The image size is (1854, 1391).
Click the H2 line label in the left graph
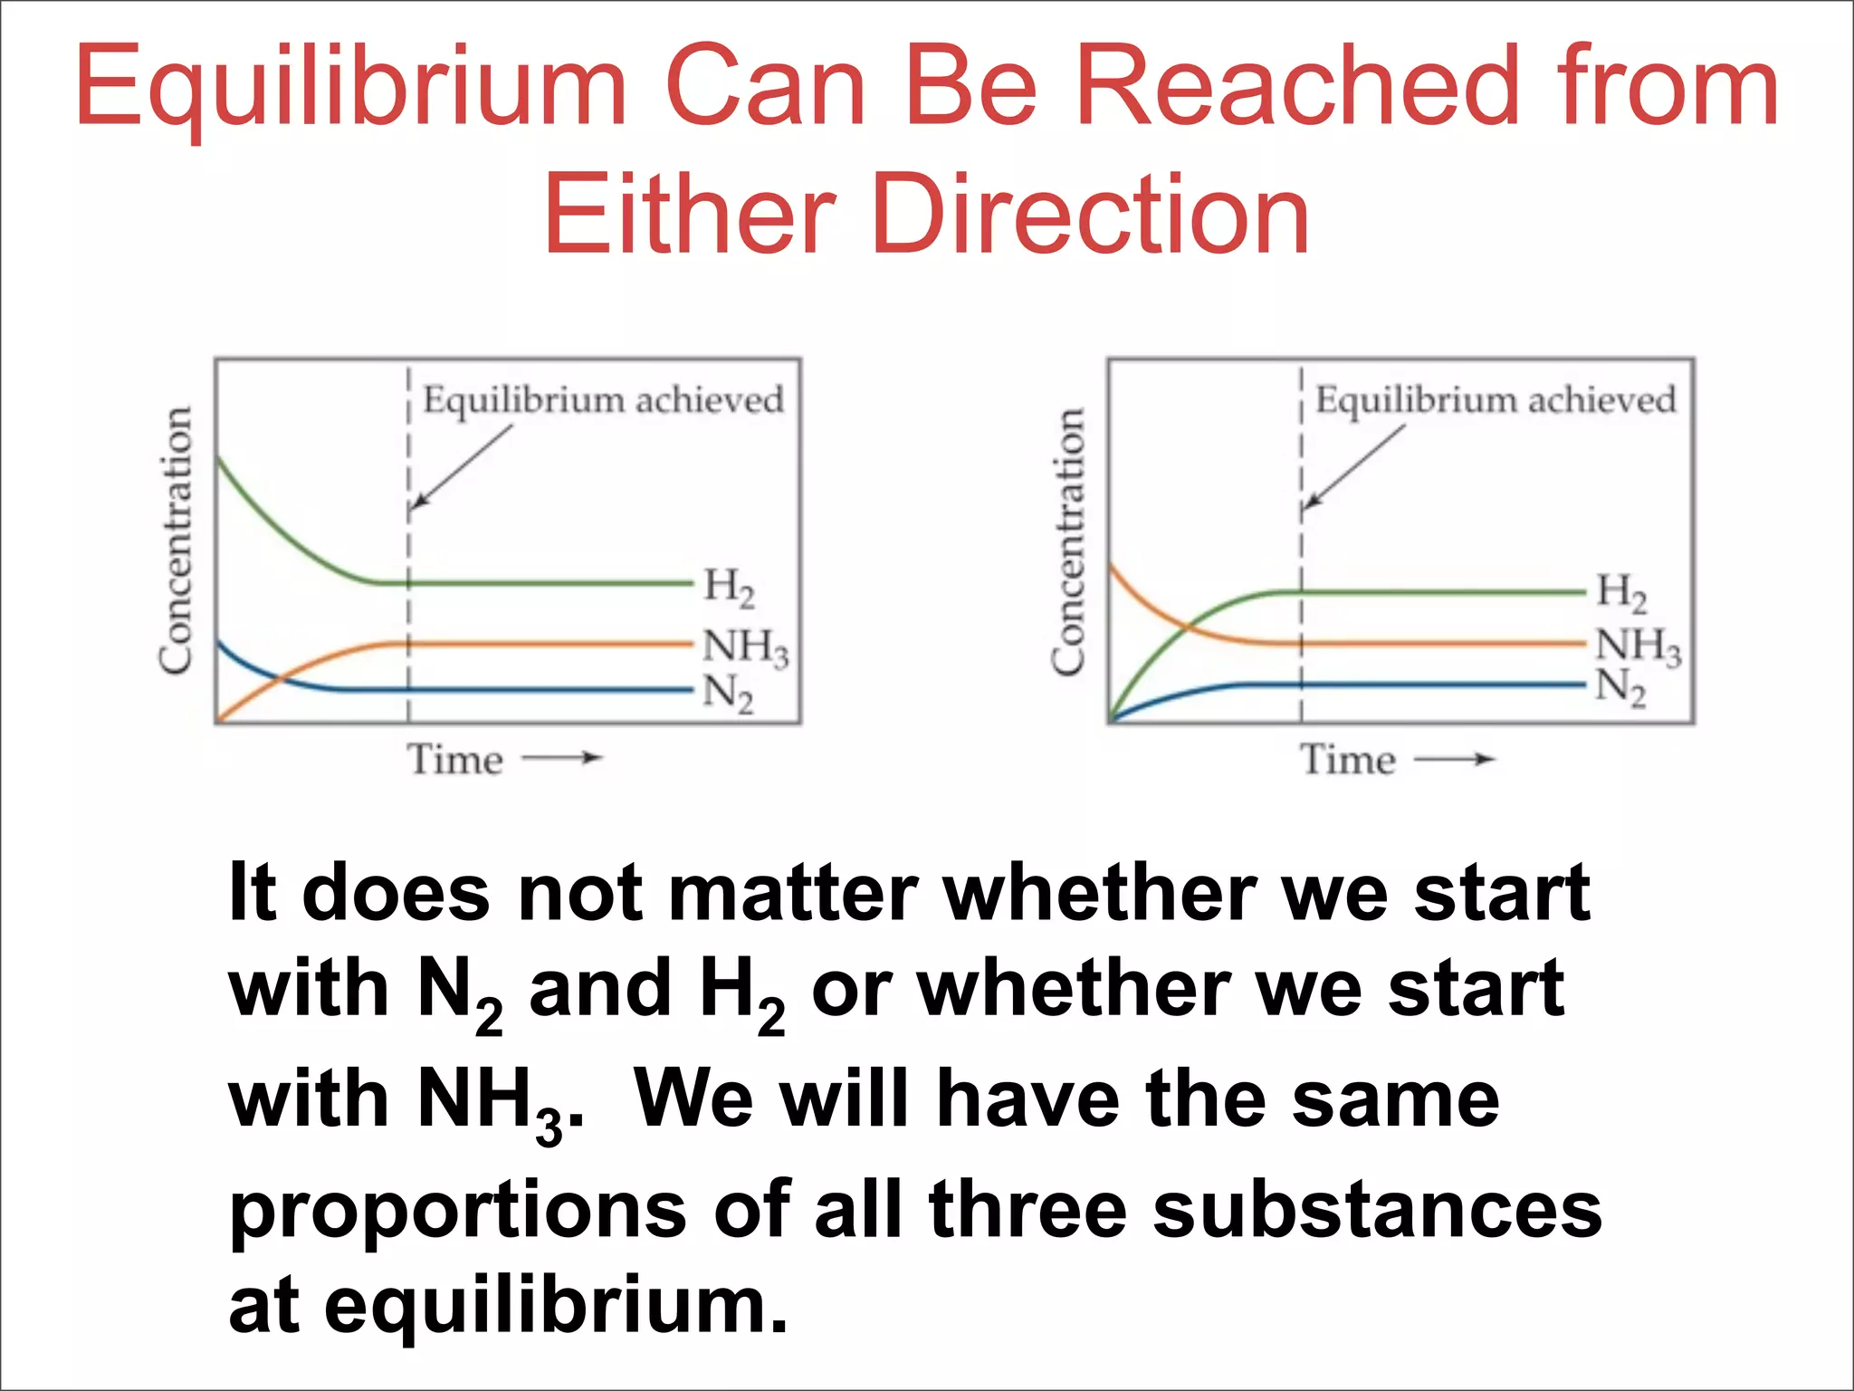[729, 586]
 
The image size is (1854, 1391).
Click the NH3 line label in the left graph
[745, 647]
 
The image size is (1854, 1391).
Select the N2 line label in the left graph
[728, 694]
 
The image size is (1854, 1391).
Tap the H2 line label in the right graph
[1621, 591]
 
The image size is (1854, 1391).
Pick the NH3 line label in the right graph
[1638, 646]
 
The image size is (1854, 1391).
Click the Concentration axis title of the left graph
[176, 541]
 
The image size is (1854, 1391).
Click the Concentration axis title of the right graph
[1068, 541]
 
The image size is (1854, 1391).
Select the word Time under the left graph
[454, 759]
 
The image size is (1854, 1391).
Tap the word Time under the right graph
[1347, 759]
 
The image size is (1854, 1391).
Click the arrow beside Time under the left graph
[562, 758]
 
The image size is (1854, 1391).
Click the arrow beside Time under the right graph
[1455, 759]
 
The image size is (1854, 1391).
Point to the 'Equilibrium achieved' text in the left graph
[603, 399]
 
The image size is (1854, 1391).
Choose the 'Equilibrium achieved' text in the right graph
[1496, 399]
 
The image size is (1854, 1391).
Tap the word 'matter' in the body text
[793, 893]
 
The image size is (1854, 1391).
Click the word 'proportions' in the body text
[458, 1212]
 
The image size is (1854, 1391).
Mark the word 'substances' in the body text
[1377, 1210]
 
